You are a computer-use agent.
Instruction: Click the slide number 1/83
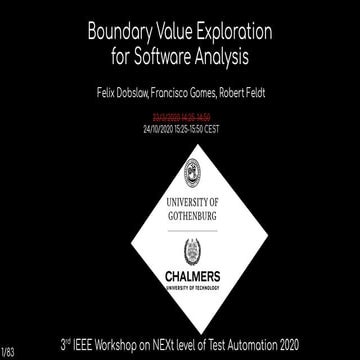(x=9, y=351)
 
